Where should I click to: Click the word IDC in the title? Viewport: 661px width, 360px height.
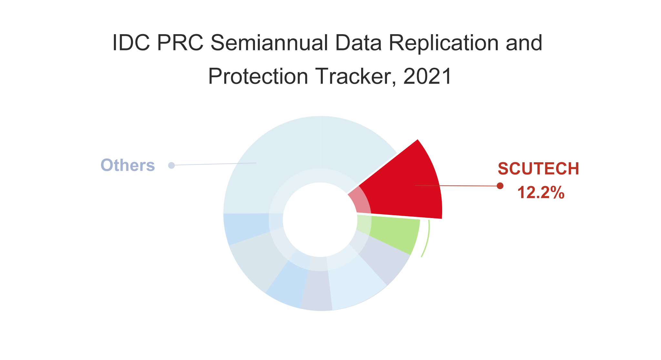(131, 43)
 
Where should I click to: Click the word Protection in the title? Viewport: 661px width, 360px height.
(258, 76)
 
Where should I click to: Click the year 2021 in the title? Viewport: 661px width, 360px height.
(427, 76)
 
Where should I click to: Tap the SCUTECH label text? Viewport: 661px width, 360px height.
(538, 169)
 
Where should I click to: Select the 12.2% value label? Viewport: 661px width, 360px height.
(541, 193)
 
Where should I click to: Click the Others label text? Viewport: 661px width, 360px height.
(128, 165)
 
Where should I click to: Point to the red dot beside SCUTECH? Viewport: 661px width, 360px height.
(500, 186)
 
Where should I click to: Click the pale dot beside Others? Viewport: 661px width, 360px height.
(171, 165)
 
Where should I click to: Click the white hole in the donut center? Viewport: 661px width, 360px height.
(320, 220)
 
